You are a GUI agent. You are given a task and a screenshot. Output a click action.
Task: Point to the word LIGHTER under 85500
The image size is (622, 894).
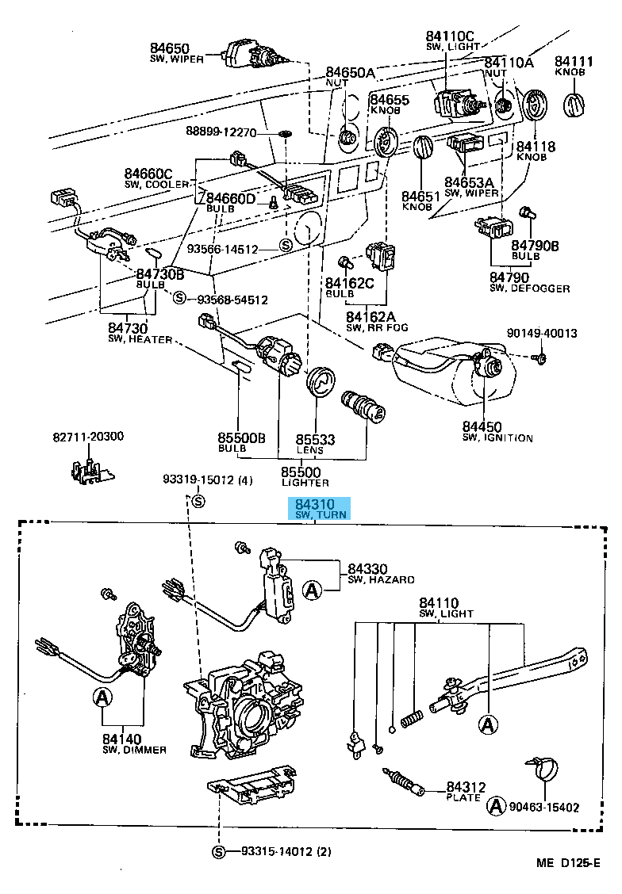point(305,482)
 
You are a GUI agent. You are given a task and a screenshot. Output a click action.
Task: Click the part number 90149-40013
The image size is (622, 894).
point(542,333)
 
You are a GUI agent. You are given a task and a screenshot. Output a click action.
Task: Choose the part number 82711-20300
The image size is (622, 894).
point(89,437)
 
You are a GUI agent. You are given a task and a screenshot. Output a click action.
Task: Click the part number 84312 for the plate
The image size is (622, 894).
point(466,787)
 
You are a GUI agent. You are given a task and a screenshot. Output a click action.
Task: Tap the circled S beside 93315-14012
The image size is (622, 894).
point(220,852)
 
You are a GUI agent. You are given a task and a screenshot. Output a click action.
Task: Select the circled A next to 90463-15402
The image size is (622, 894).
point(496,807)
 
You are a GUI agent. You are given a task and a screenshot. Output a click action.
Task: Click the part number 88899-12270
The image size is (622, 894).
point(221,132)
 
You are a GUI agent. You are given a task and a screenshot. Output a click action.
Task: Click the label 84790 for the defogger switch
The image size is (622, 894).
point(509,277)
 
